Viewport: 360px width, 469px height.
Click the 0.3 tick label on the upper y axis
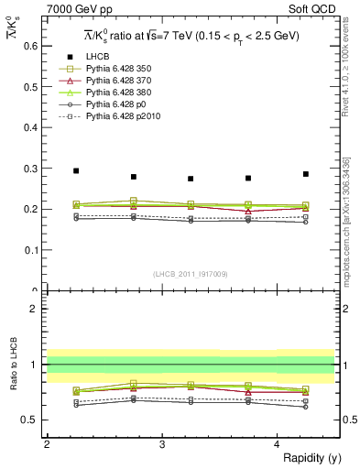point(29,168)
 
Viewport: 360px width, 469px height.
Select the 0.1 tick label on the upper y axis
point(29,250)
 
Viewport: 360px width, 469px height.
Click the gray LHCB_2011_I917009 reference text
point(190,274)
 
